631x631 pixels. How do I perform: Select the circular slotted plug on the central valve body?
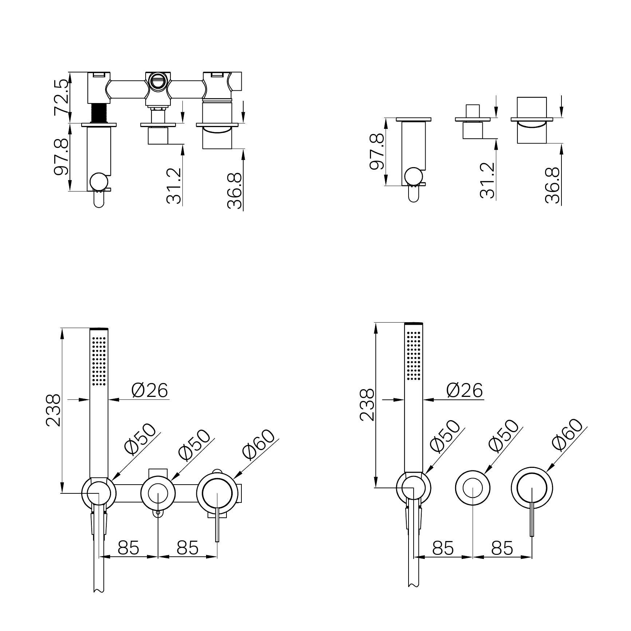coord(158,81)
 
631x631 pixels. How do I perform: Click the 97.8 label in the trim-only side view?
coord(377,151)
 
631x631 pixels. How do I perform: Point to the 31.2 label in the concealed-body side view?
coord(174,186)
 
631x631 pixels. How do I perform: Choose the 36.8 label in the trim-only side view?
coord(552,185)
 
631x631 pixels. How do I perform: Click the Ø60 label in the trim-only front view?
coord(567,435)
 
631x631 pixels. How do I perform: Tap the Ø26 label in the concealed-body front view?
coord(150,391)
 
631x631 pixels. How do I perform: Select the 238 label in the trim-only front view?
coord(367,405)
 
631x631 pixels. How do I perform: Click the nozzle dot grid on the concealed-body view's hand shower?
coord(99,361)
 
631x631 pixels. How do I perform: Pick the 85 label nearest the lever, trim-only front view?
coord(502,548)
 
